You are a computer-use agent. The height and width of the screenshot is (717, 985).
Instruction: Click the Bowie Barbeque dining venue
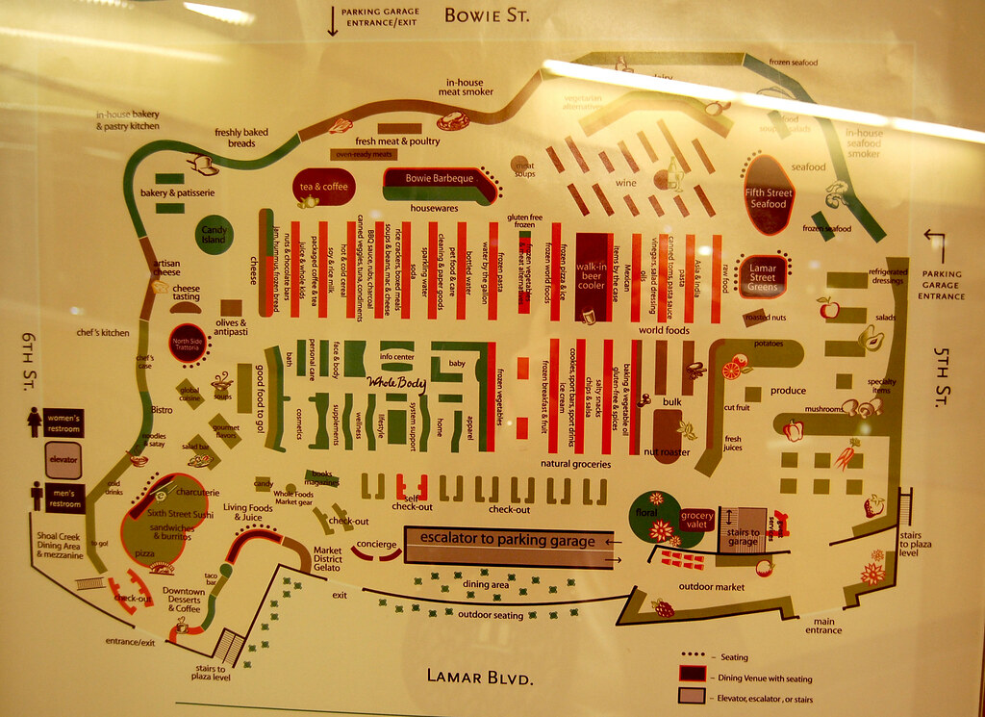coord(439,181)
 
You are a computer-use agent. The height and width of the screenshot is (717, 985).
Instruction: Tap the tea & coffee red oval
coord(323,187)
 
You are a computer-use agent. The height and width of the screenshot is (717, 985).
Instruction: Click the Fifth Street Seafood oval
coord(769,197)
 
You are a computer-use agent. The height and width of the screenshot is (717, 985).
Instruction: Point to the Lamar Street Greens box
coord(762,276)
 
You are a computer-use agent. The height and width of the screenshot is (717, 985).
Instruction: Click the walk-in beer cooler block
coord(591,277)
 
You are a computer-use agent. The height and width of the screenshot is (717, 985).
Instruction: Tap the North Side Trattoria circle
coord(188,343)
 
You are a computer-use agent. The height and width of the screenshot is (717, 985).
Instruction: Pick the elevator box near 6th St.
coord(63,459)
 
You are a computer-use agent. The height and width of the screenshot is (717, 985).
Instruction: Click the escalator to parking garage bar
coord(508,541)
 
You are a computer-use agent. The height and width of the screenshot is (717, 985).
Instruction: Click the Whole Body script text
coord(396,383)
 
